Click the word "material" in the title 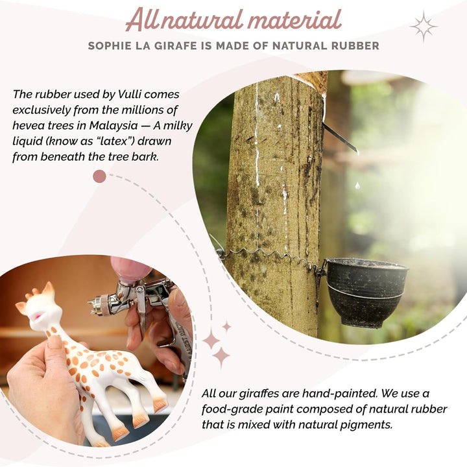(x=294, y=19)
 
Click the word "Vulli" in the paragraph (x=129, y=94)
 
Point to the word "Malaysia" (x=114, y=126)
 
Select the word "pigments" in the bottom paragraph (x=370, y=425)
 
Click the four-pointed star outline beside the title (x=424, y=27)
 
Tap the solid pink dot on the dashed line (x=99, y=176)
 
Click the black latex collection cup (x=367, y=293)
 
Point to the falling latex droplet (x=357, y=186)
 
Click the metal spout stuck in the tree (x=340, y=138)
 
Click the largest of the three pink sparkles (x=221, y=356)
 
